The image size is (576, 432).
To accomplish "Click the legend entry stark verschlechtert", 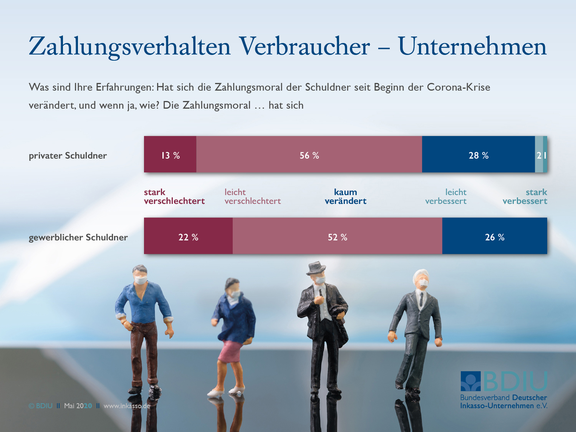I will click(174, 197).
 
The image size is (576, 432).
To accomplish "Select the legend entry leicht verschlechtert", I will click(252, 197).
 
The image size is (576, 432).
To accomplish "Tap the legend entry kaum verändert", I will click(346, 197).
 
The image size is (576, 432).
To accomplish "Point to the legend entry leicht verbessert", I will click(446, 197).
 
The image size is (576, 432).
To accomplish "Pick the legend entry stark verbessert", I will click(525, 197).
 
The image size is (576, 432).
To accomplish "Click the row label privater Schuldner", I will click(68, 156).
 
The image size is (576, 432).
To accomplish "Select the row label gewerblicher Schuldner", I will click(78, 237).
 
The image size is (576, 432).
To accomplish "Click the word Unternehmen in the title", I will click(472, 47).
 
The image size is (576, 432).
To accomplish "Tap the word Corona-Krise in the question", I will click(458, 88).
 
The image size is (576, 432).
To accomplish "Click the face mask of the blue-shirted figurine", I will click(141, 280).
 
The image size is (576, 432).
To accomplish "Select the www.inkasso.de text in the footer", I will click(127, 406).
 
